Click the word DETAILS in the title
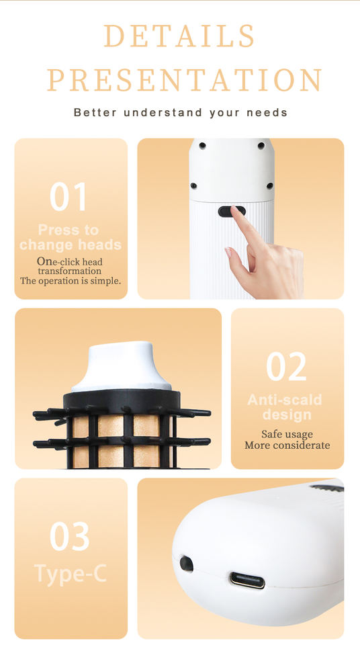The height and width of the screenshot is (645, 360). (179, 36)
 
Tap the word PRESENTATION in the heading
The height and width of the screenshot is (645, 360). (183, 80)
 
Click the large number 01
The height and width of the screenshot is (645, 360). (68, 197)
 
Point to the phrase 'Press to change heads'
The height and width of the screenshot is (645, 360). (71, 237)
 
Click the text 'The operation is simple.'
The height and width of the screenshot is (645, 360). (71, 281)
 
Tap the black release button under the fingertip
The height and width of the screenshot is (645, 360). (230, 212)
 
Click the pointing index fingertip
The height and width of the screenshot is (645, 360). (235, 210)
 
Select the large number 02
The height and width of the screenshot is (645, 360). (286, 367)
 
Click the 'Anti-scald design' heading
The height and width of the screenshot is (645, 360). (285, 407)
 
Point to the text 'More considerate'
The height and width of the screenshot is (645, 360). (287, 445)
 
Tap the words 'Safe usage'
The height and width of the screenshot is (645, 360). (287, 435)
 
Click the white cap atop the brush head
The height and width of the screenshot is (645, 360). (122, 366)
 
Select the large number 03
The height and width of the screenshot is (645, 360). (70, 536)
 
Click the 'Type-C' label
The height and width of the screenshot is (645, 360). (71, 573)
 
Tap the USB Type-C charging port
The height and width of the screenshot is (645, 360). (247, 580)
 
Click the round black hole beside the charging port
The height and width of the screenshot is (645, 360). (186, 564)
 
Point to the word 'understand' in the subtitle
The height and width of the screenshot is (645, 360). (163, 112)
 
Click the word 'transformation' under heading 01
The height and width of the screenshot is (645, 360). (70, 271)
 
